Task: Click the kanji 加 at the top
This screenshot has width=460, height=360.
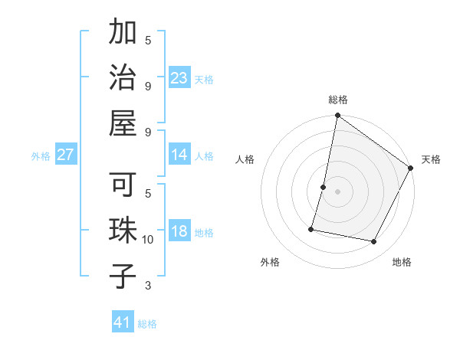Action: [123, 35]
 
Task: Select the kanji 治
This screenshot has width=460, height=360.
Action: [123, 80]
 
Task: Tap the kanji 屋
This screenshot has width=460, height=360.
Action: [123, 125]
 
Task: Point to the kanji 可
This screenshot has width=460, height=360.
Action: [123, 186]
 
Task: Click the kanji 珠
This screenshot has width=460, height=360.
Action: [123, 231]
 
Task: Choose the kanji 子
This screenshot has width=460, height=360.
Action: [123, 276]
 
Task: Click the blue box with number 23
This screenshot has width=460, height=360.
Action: [179, 78]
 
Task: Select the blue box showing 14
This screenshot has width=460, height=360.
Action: [179, 155]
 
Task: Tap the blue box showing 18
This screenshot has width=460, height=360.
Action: [179, 232]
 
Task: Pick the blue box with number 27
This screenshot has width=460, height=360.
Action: [66, 155]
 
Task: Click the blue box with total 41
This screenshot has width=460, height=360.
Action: [123, 322]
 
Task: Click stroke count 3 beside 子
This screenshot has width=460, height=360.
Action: [148, 286]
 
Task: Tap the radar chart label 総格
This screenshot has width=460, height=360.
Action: [338, 100]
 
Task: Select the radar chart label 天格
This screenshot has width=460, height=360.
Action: [431, 159]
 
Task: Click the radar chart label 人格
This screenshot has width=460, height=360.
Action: [245, 159]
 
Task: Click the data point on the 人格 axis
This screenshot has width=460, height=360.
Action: [324, 187]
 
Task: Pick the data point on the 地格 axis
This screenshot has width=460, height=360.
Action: [374, 242]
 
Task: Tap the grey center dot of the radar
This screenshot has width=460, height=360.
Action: [337, 191]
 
